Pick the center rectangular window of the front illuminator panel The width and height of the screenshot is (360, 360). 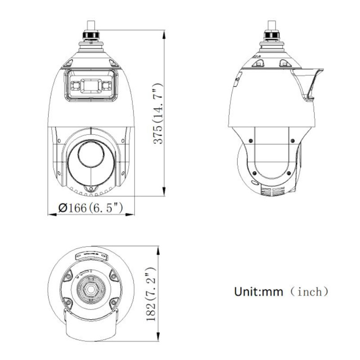91,85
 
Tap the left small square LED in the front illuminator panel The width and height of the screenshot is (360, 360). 75,85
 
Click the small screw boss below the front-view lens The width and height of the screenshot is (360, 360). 90,189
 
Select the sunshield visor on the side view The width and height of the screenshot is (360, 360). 308,83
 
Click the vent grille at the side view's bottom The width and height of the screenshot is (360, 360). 273,191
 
